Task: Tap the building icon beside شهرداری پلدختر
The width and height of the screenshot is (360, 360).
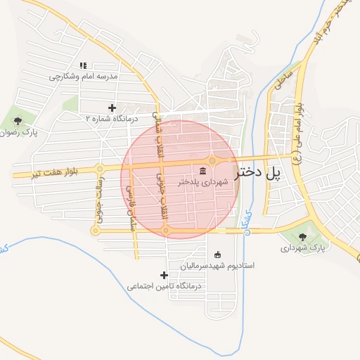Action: [202, 170]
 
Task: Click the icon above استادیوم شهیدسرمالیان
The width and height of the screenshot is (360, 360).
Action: [217, 255]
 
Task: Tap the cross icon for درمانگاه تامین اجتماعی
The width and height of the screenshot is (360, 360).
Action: [165, 275]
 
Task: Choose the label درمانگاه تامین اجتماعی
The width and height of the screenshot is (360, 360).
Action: [165, 286]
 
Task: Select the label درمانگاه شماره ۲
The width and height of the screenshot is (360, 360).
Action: [108, 119]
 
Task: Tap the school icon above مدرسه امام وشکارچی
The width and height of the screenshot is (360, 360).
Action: [83, 66]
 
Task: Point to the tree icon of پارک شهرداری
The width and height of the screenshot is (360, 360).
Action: [303, 237]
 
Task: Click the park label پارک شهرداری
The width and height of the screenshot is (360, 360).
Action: [304, 248]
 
